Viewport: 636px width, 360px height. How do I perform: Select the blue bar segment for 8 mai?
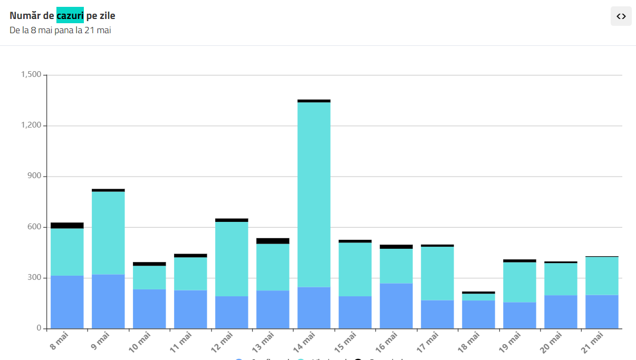[67, 301]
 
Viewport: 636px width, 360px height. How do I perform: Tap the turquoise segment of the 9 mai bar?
[108, 232]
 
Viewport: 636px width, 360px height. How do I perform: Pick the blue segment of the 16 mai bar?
[396, 306]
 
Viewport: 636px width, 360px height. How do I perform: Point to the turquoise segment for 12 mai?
[232, 259]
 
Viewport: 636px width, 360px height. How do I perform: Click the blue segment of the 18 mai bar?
[478, 314]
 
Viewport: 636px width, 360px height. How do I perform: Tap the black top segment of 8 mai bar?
[67, 226]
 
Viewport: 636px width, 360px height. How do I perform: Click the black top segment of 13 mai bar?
[273, 241]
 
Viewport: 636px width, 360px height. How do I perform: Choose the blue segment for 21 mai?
[602, 312]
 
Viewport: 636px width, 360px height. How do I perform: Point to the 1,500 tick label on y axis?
[31, 75]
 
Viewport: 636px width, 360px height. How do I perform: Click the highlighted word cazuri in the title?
[70, 16]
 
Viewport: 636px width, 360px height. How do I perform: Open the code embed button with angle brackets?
[621, 16]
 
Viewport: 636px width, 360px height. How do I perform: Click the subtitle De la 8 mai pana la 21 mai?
[60, 30]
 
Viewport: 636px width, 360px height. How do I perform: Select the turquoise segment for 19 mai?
[519, 282]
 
